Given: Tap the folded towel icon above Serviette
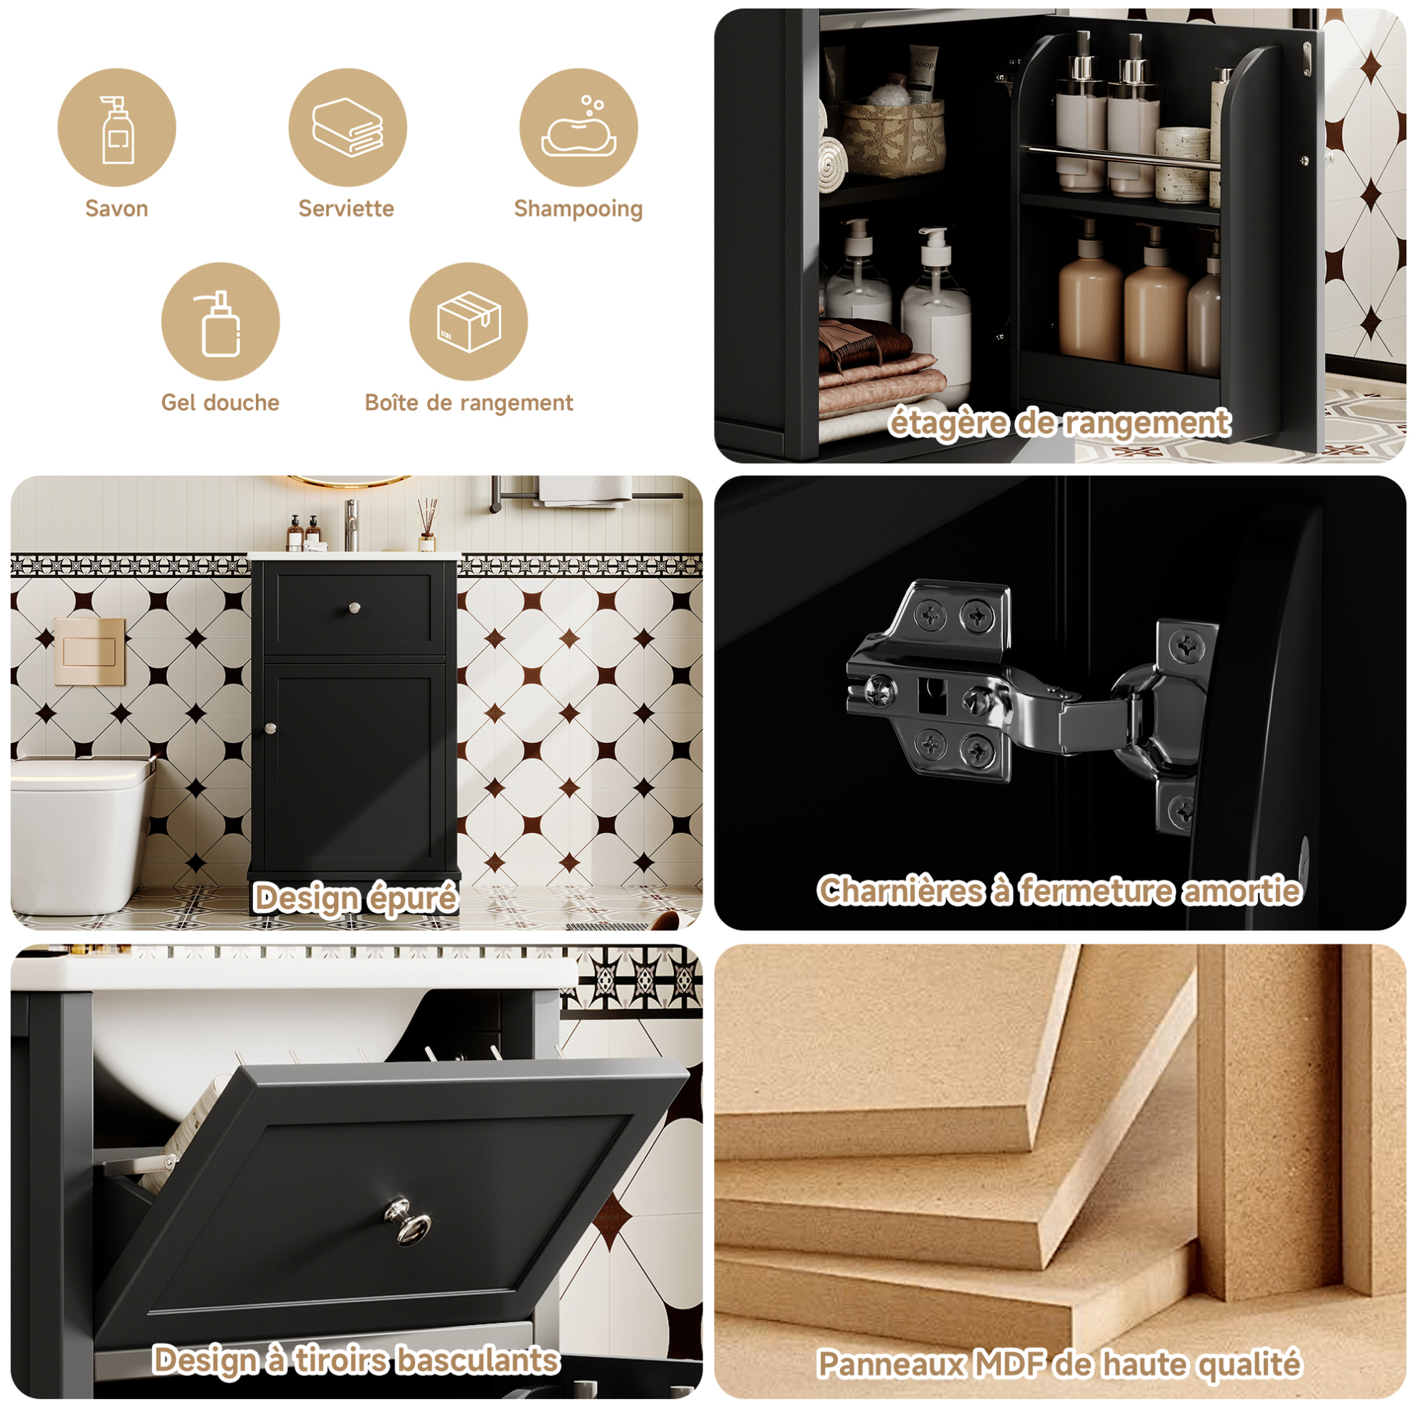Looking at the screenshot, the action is [x=348, y=127].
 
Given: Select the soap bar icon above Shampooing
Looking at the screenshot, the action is [x=578, y=126].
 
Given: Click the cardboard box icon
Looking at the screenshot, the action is [x=469, y=321].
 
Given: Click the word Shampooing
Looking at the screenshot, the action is [x=578, y=209].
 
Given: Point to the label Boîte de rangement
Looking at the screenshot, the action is [x=469, y=403].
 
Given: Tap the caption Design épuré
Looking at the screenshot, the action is [x=356, y=898].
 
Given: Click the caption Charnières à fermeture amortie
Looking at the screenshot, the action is [x=1060, y=891].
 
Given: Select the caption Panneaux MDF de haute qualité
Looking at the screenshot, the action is [x=1060, y=1365].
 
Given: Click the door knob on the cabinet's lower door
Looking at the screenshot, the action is [x=271, y=728].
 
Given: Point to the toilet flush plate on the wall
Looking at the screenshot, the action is [x=90, y=652].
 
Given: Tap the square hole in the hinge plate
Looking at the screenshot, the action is [x=932, y=693].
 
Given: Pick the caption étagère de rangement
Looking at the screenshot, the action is [x=1060, y=424].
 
